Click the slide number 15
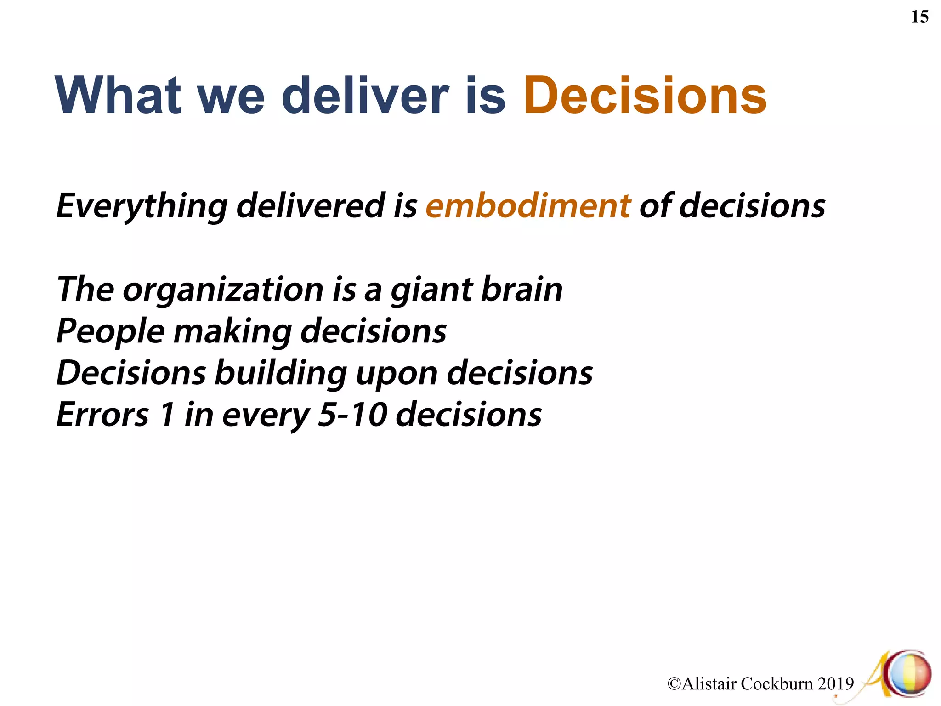919,17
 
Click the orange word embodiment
528,205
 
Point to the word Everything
142,206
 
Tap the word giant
431,290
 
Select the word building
281,373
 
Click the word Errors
102,415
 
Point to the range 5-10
352,415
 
